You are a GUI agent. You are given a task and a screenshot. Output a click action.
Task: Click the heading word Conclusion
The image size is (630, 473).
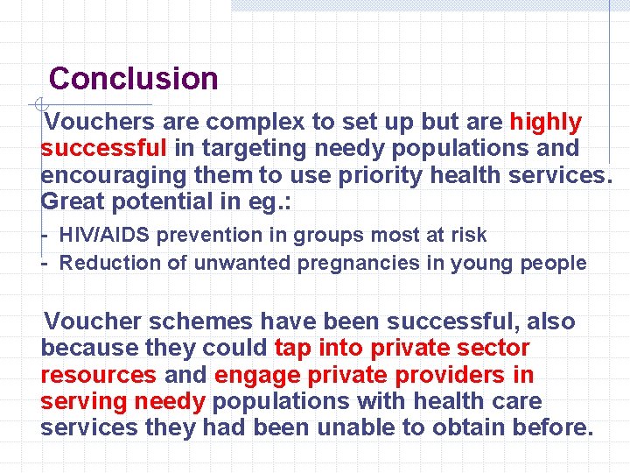pos(133,79)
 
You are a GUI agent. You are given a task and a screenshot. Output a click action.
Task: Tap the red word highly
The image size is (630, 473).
pos(545,122)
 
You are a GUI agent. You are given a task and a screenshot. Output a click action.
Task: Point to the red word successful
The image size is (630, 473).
pos(103,149)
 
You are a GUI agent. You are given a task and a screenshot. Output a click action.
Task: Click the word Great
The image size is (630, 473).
pos(73,201)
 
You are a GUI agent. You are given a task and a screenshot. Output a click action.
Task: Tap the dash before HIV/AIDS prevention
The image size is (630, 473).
pos(45,236)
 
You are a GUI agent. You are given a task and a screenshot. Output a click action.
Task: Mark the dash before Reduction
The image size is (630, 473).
pos(45,263)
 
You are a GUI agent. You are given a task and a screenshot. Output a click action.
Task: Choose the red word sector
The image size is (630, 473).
pos(494,349)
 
